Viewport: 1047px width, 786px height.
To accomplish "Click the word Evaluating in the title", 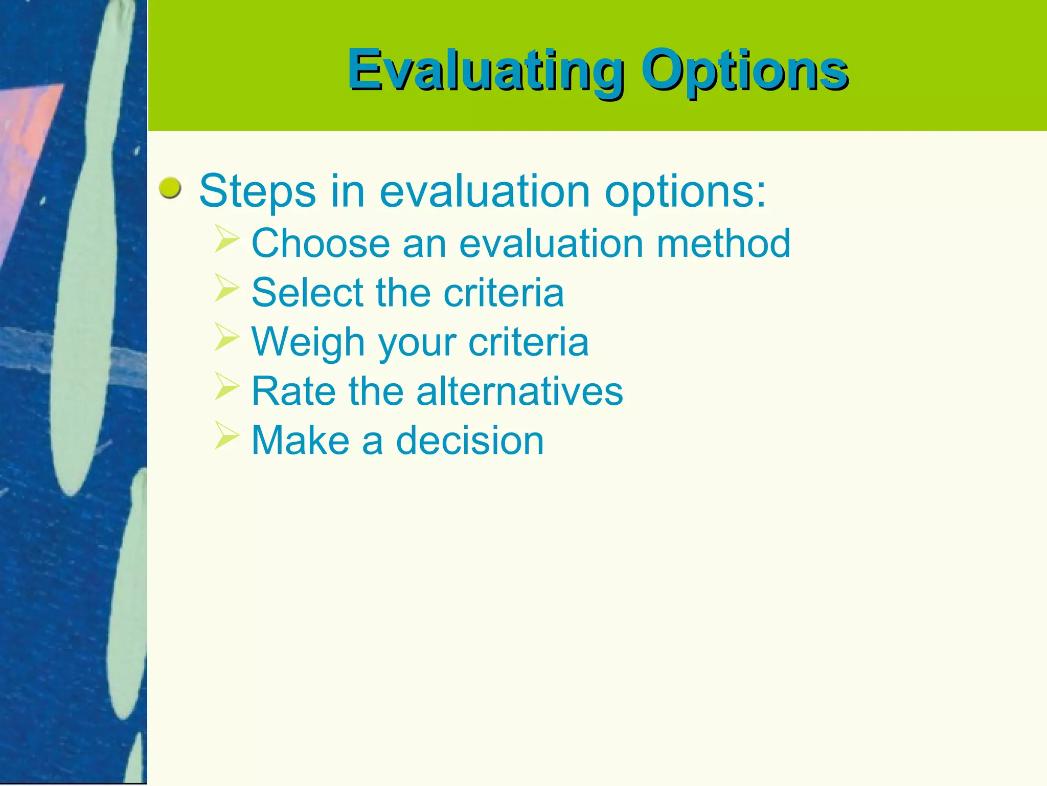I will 486,71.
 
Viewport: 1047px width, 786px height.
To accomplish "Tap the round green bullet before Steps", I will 170,188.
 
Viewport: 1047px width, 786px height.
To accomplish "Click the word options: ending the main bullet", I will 686,192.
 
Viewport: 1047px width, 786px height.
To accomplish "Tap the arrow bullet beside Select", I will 227,288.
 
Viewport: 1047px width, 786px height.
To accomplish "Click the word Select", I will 307,293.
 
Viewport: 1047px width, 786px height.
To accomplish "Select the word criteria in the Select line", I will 504,293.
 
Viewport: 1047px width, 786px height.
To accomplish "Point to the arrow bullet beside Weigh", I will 227,337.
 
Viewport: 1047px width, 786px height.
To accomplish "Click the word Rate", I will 293,391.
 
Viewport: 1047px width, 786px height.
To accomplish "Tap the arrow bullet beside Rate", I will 227,386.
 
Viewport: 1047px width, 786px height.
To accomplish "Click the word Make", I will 300,441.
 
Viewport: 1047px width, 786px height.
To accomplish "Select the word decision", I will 470,441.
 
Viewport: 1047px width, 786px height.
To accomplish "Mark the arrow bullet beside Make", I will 227,435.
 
